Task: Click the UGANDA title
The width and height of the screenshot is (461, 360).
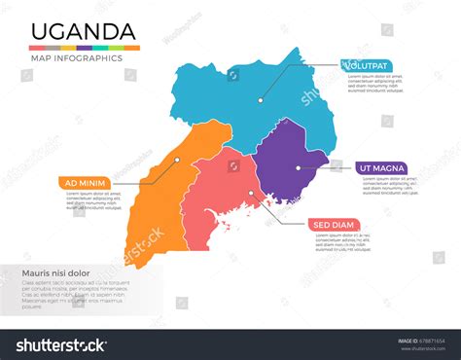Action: pyautogui.click(x=83, y=31)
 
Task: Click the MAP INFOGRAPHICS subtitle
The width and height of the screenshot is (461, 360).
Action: pyautogui.click(x=78, y=58)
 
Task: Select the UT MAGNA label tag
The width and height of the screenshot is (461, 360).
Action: pyautogui.click(x=379, y=168)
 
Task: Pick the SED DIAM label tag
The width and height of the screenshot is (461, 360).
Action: pyautogui.click(x=335, y=225)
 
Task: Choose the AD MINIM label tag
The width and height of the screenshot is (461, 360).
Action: pyautogui.click(x=83, y=182)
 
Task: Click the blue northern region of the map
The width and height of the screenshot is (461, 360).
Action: pyautogui.click(x=243, y=97)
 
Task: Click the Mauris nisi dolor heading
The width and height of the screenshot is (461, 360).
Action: pyautogui.click(x=55, y=273)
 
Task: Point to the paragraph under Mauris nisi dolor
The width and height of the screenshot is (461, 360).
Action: pyautogui.click(x=74, y=294)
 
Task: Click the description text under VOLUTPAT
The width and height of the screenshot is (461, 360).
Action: pyautogui.click(x=374, y=84)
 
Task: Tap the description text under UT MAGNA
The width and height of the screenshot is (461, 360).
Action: pyautogui.click(x=386, y=186)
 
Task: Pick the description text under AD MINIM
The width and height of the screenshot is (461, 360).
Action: pyautogui.click(x=91, y=199)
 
